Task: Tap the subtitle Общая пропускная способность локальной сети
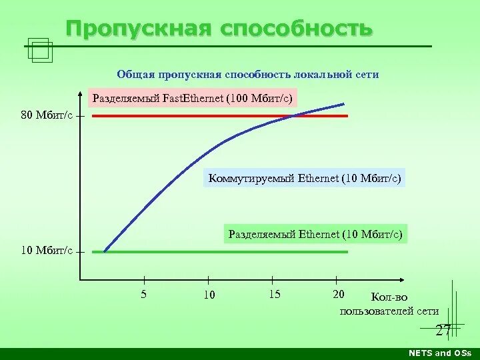tap(248, 75)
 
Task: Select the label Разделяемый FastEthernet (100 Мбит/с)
tap(192, 99)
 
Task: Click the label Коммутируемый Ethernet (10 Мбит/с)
tap(305, 179)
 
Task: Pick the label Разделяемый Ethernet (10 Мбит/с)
tap(315, 235)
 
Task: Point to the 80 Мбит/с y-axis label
tap(47, 115)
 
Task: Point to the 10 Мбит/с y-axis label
tap(47, 251)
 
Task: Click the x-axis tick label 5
tap(144, 295)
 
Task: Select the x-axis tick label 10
tap(209, 295)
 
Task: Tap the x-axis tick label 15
tap(275, 295)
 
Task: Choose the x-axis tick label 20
tap(339, 295)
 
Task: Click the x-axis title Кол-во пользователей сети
tap(389, 304)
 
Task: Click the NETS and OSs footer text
tap(439, 353)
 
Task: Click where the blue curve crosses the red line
tap(291, 116)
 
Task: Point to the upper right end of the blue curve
tap(344, 104)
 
